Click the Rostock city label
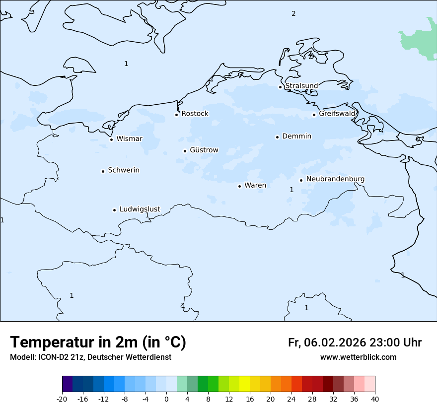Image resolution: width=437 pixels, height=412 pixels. coord(195,114)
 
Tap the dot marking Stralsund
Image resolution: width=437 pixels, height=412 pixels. coord(280,87)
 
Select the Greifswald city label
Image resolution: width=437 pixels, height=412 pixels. coord(337,114)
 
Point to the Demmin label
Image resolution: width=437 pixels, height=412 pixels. coord(296,136)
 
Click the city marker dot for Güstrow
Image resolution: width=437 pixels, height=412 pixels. coord(185,151)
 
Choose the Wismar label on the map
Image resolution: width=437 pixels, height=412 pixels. coord(129,138)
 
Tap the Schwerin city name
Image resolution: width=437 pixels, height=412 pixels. coord(124,170)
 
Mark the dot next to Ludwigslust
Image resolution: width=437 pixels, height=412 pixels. coord(114,210)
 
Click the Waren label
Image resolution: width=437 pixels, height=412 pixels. coord(255,185)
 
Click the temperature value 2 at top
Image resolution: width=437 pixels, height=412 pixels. coord(293,13)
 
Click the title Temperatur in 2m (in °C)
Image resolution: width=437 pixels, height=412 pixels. coord(98,343)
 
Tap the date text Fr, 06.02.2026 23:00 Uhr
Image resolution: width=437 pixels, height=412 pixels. coord(355,343)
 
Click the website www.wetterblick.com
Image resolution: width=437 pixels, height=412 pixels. coord(358,357)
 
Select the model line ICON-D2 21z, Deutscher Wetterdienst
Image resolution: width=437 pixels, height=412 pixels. coord(90,357)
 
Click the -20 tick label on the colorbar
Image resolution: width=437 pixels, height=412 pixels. coord(62,399)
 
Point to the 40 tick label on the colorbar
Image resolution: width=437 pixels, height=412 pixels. coord(375,399)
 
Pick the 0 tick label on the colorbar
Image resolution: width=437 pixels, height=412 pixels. coord(166,399)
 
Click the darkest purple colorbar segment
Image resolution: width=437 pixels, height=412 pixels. coord(68,384)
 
